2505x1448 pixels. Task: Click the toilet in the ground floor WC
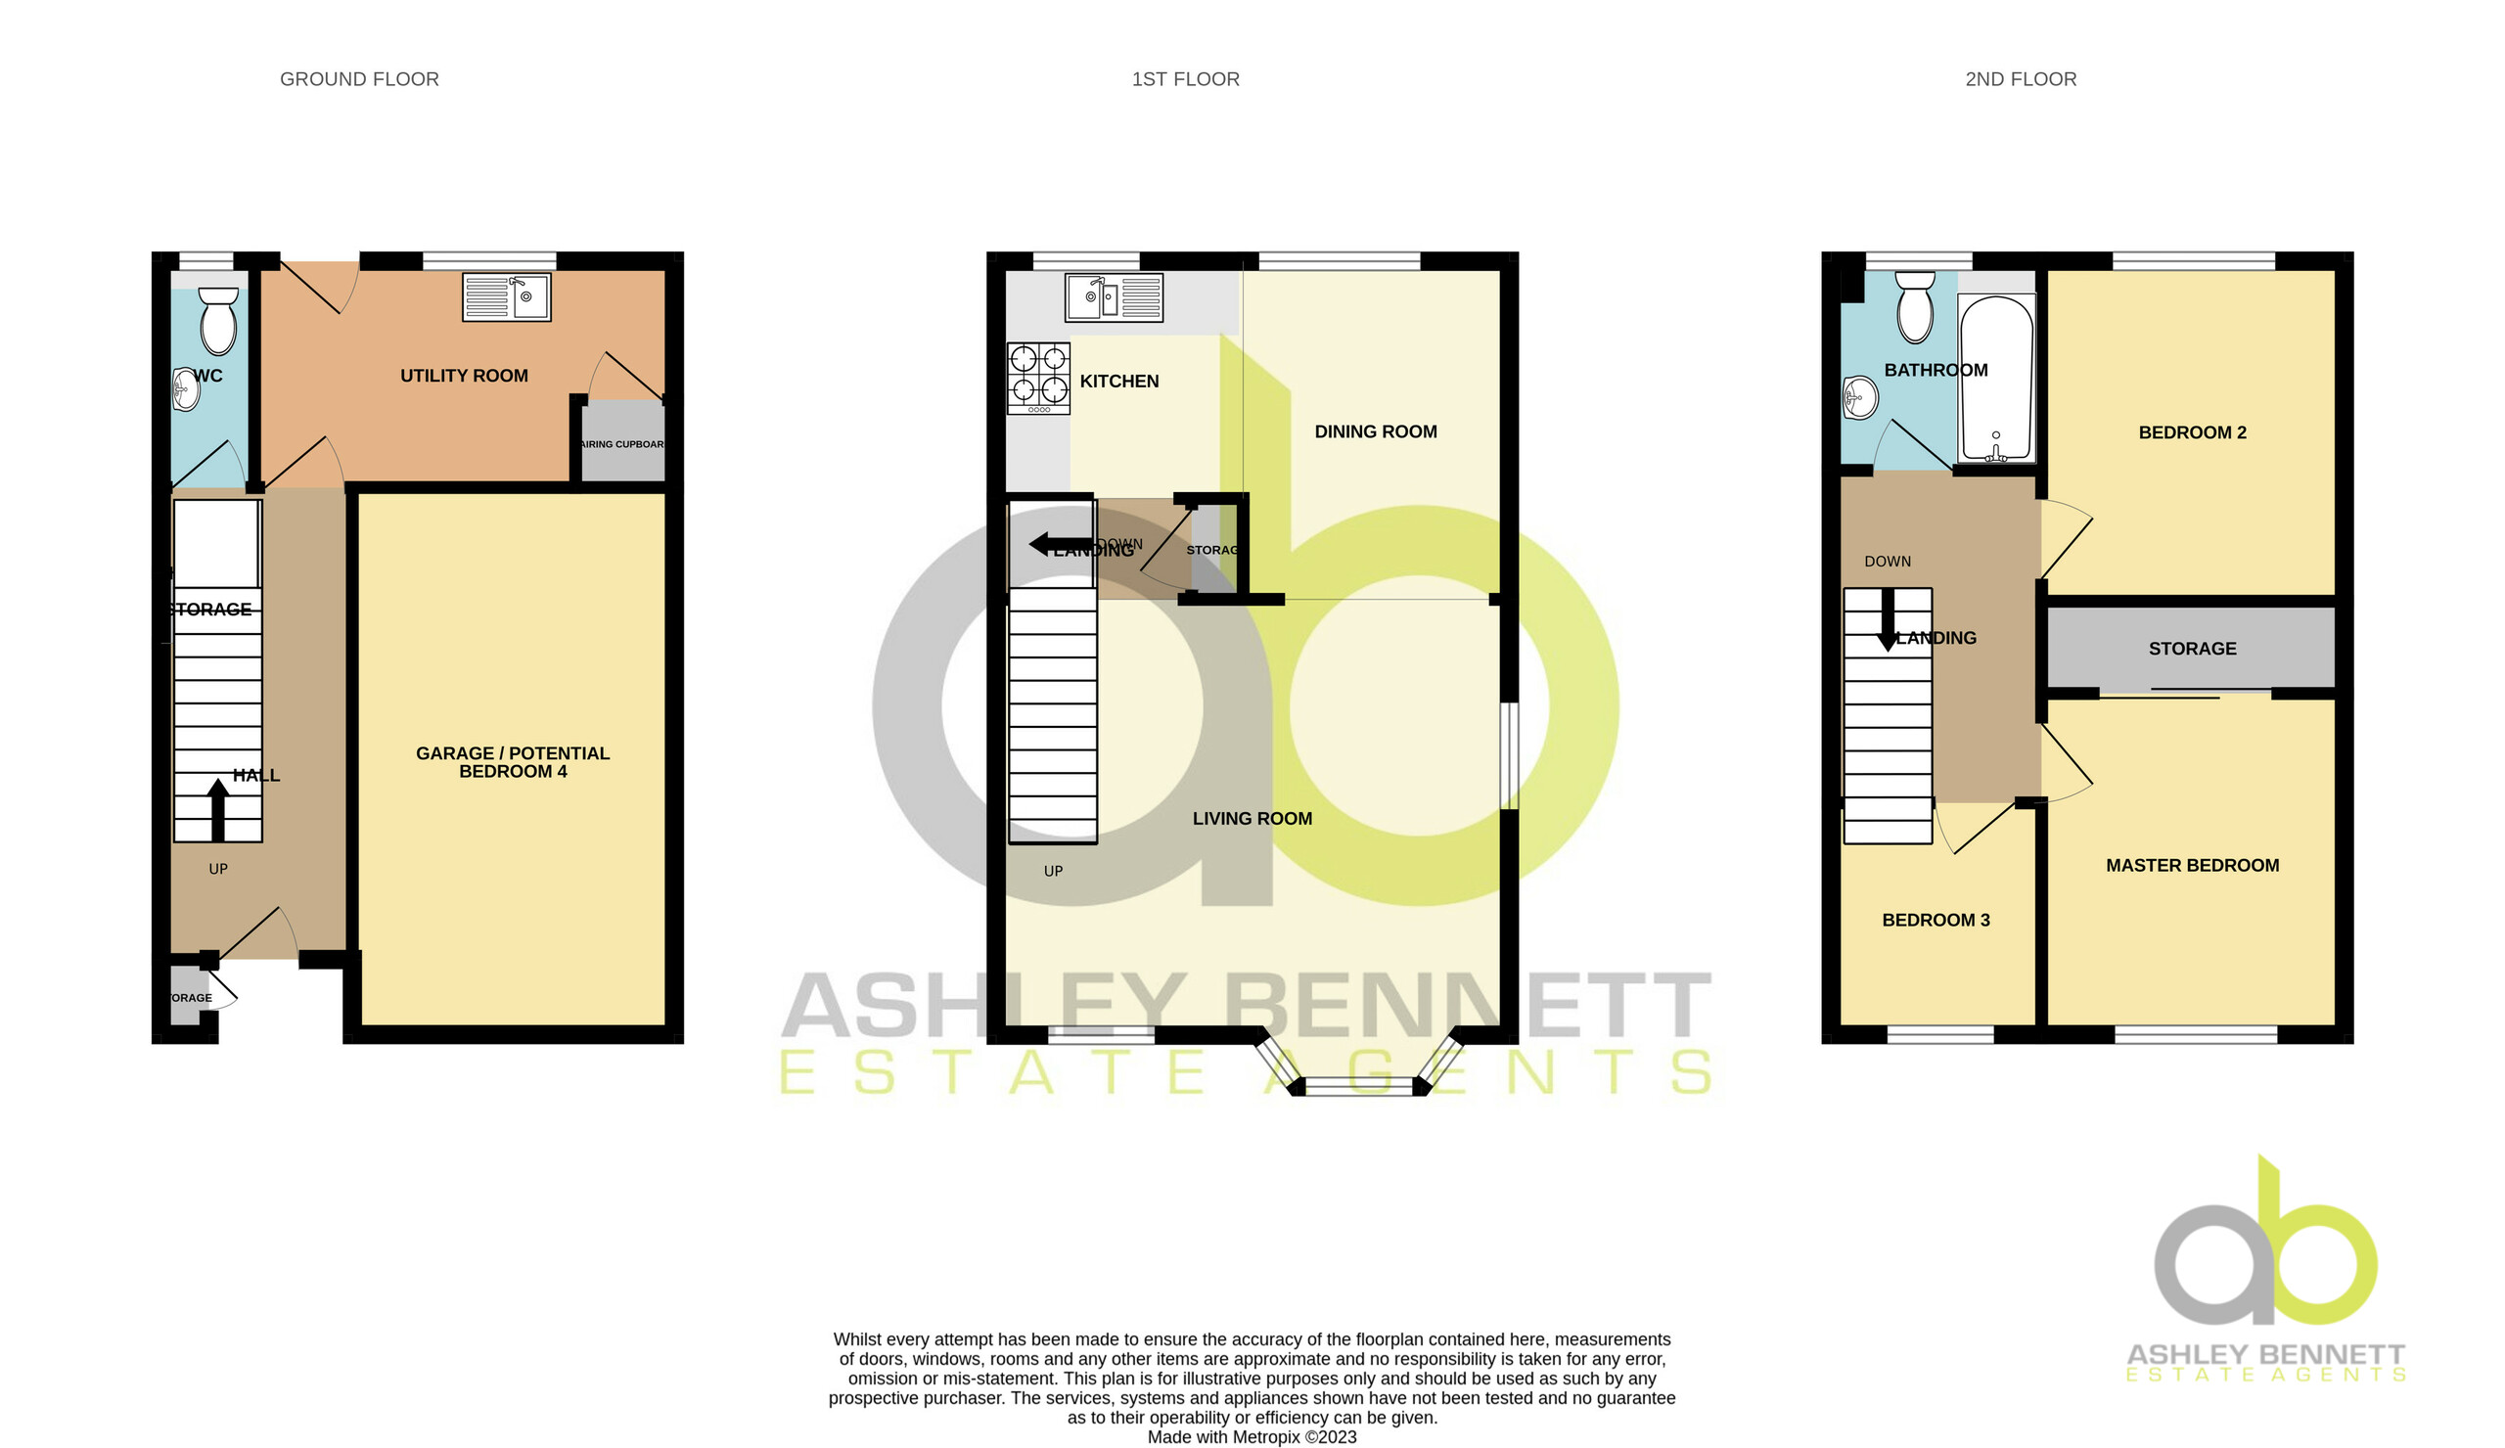[x=218, y=321]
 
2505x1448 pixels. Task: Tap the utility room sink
[x=506, y=297]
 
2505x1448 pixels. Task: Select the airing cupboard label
[x=622, y=444]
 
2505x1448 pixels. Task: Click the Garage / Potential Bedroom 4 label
[x=513, y=762]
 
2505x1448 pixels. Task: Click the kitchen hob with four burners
[x=1039, y=378]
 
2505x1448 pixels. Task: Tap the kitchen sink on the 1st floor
[x=1114, y=297]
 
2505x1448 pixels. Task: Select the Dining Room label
[x=1376, y=431]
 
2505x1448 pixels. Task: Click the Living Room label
[x=1252, y=818]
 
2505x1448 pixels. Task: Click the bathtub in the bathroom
[x=1996, y=379]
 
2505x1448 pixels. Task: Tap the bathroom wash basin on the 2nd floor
[x=1858, y=397]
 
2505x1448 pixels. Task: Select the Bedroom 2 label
[x=2192, y=432]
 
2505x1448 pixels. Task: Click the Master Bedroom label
[x=2192, y=865]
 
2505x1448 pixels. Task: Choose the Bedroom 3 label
[x=1936, y=920]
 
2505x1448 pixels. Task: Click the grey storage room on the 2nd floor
[x=2192, y=648]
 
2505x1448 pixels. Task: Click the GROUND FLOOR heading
[x=359, y=79]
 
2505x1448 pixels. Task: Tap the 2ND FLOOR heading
[x=2020, y=79]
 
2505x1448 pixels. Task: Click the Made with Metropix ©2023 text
[x=1252, y=1436]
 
